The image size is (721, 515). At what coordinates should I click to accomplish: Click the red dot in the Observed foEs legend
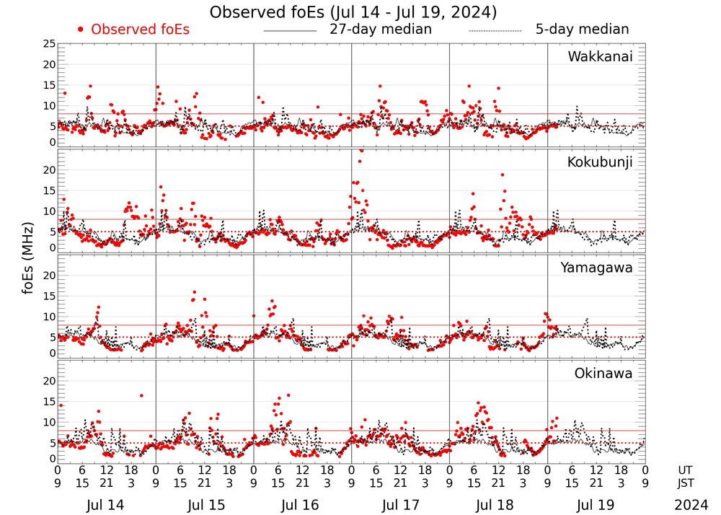81,30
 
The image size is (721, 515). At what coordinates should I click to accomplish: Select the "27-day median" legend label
380,30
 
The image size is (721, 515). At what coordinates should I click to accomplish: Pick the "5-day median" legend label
582,30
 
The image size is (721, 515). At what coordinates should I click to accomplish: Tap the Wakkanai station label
600,57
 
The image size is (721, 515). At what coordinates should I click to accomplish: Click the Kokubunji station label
598,162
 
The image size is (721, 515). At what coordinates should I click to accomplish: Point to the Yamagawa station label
597,268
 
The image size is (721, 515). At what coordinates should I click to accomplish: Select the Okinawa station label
603,374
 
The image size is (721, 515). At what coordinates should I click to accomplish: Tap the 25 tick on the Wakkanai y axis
49,44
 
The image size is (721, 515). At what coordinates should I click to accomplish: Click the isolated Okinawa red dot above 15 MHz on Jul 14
141,395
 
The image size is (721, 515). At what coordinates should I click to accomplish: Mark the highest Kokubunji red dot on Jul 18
503,175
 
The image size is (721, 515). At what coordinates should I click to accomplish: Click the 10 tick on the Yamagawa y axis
49,316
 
